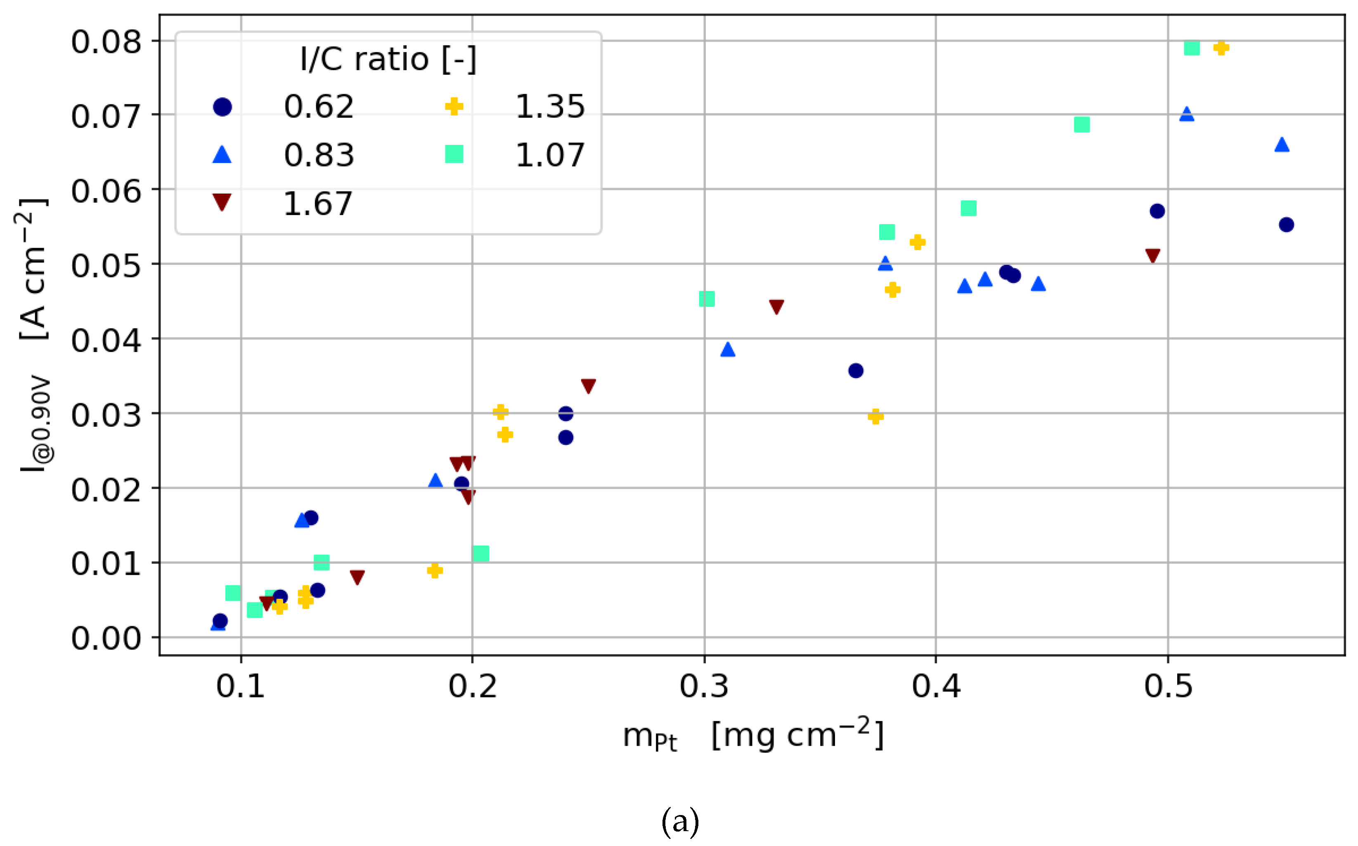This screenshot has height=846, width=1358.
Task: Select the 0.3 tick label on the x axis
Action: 704,686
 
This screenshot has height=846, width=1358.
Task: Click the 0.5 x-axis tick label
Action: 1168,686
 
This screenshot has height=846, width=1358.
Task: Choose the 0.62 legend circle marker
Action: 222,107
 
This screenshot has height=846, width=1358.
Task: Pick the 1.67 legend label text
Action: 318,204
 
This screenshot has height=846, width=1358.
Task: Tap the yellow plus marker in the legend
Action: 454,106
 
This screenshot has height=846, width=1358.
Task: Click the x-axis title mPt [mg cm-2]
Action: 752,735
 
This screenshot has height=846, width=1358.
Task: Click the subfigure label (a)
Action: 680,821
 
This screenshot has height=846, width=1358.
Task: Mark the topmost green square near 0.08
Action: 1192,48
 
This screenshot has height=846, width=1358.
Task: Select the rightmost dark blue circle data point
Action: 1286,225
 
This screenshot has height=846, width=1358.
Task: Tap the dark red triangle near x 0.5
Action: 1153,256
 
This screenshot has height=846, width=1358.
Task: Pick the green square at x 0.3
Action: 707,299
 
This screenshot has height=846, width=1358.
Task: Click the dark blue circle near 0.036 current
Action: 856,371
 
